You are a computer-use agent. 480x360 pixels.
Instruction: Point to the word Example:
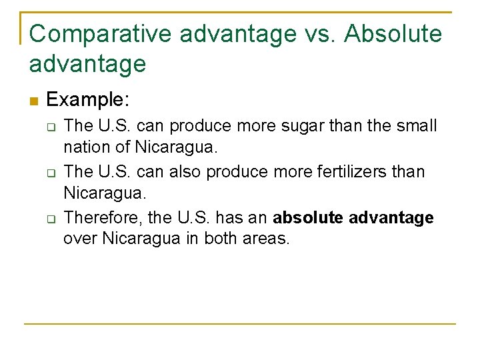point(87,101)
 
